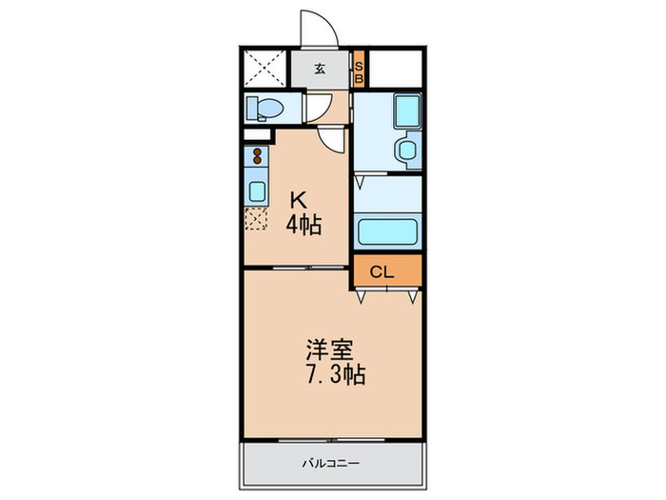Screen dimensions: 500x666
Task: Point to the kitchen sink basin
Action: (257, 190)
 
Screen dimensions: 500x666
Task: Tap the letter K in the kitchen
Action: (298, 201)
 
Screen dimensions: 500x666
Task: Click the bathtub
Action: (387, 231)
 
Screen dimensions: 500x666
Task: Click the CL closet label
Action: (382, 271)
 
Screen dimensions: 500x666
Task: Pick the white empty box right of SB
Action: (395, 69)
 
